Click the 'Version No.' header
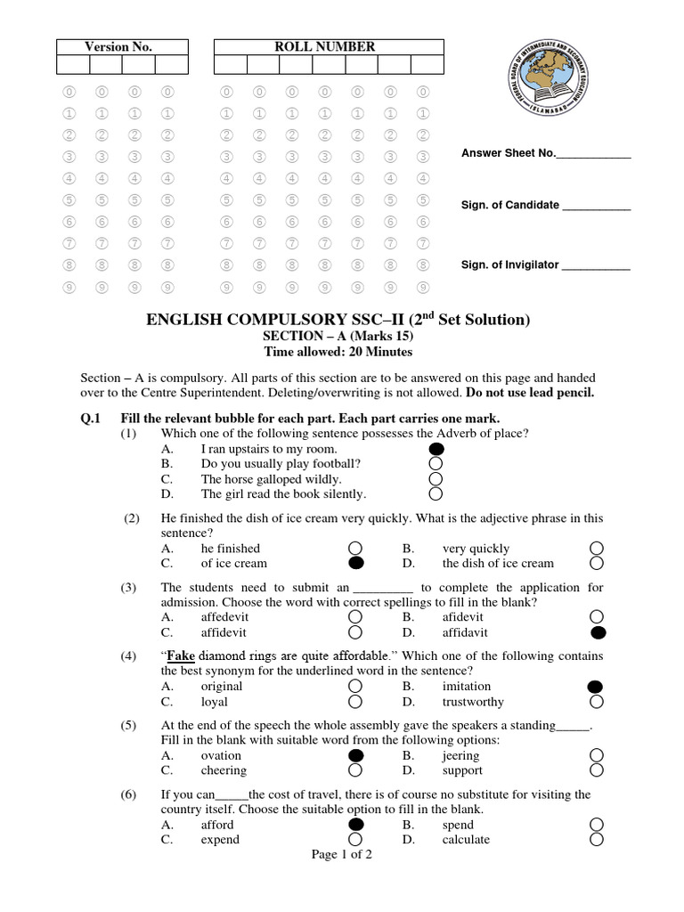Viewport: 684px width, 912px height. (x=118, y=46)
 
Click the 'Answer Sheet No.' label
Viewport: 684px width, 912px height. (x=509, y=154)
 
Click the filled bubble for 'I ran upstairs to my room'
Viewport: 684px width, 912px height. (x=436, y=449)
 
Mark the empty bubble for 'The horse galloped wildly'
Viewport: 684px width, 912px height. (x=436, y=479)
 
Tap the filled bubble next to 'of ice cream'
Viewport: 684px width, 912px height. (x=355, y=563)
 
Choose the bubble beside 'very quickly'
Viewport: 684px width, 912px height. (x=597, y=548)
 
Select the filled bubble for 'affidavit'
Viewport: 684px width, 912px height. (x=597, y=632)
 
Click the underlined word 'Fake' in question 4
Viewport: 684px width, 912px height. (x=181, y=655)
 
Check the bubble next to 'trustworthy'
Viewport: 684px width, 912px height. (x=597, y=701)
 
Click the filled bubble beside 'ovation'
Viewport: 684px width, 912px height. (x=355, y=755)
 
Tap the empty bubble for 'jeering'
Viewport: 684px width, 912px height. (x=597, y=755)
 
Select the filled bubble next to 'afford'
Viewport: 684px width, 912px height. (x=355, y=825)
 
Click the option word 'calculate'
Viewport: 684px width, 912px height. (x=466, y=839)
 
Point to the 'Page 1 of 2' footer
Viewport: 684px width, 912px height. (x=342, y=855)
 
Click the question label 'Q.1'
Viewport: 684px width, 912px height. (x=92, y=418)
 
